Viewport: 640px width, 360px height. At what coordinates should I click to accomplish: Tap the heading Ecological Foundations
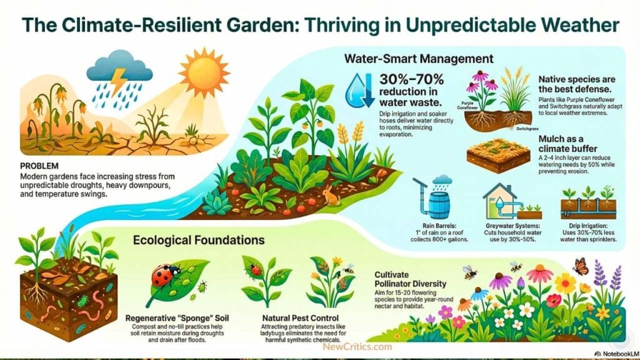coord(197,240)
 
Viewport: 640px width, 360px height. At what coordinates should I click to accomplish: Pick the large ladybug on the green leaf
coord(164,274)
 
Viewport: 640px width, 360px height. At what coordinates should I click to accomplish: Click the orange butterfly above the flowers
coord(581,266)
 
